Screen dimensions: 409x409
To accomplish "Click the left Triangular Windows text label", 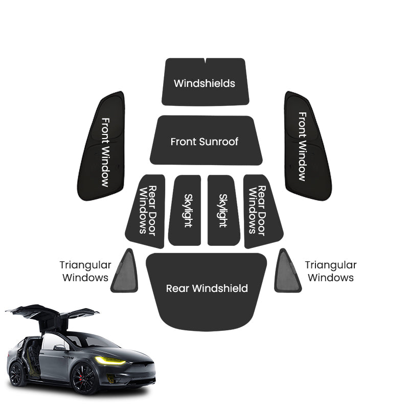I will click(x=85, y=271).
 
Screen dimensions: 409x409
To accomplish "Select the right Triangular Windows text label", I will click(x=330, y=271).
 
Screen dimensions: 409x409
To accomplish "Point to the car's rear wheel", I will click(x=17, y=374).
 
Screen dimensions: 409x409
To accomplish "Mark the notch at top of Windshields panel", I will click(x=205, y=60).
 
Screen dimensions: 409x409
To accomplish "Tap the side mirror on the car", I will click(x=59, y=348).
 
